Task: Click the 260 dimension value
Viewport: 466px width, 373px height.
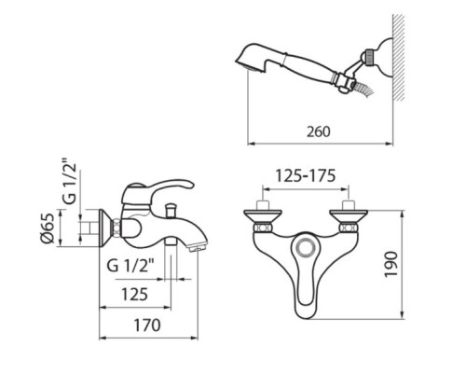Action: (321, 131)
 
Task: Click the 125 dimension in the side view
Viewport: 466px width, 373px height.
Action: (135, 295)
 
